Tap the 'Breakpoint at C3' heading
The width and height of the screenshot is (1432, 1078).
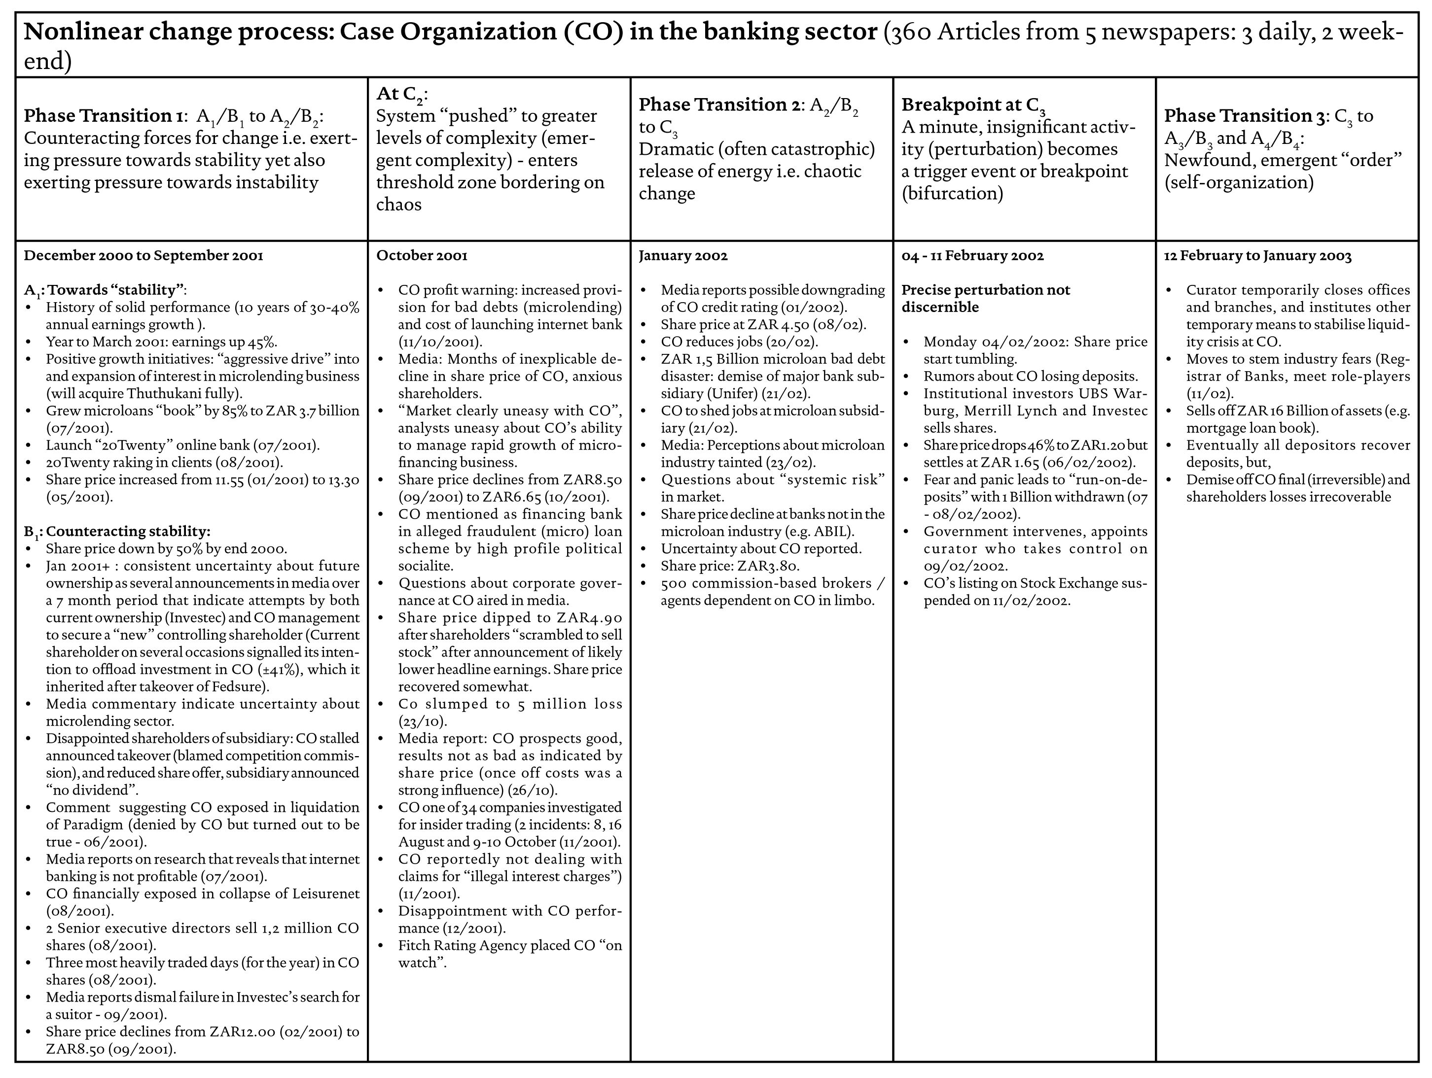[973, 105]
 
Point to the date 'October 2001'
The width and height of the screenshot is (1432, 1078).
[422, 256]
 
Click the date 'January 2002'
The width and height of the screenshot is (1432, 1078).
[683, 256]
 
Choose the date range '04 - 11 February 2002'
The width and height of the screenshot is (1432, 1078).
[972, 256]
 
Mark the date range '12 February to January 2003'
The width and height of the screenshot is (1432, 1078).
[1257, 256]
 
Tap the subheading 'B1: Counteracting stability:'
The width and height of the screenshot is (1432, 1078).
[117, 531]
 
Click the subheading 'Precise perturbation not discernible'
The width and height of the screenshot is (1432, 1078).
[985, 298]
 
